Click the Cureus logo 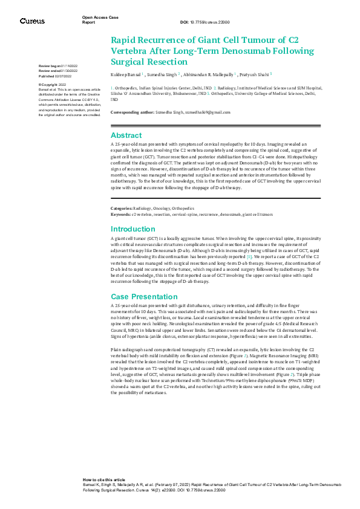(31, 21)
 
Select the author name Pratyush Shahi (255, 74)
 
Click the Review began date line (57, 65)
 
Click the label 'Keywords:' (120, 197)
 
